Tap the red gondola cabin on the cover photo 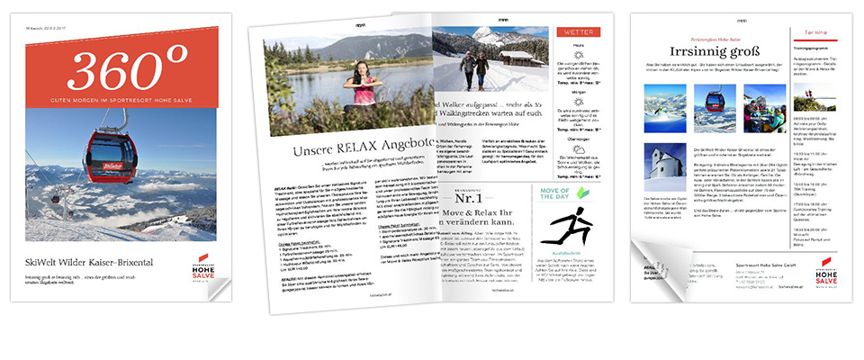point(111,153)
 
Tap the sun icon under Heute point(580,56)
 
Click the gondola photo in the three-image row point(715,109)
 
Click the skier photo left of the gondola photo point(666,109)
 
